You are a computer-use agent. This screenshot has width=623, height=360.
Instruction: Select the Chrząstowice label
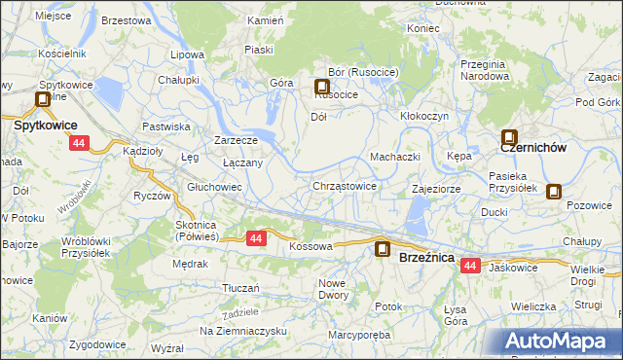(x=345, y=186)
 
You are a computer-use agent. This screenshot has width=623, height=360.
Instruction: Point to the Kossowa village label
(x=311, y=247)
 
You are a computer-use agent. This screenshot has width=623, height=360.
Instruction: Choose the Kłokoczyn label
(x=424, y=115)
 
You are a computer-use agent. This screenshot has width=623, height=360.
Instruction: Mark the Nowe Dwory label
(x=333, y=288)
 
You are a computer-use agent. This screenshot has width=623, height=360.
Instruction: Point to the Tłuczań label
(x=240, y=288)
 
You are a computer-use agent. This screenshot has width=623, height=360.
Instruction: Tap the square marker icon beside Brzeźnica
(x=384, y=250)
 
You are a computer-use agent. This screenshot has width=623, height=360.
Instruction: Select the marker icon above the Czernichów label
(x=509, y=138)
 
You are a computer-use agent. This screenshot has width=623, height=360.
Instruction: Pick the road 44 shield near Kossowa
(x=256, y=237)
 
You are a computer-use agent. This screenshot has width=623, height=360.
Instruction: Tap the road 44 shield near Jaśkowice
(x=471, y=266)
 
